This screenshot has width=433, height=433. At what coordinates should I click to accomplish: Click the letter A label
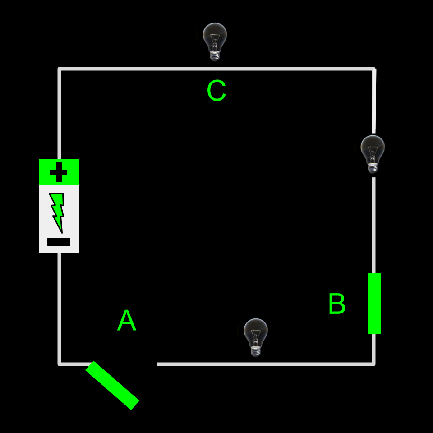[x=126, y=321]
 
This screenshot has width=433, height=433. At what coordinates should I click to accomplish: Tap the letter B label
[x=337, y=304]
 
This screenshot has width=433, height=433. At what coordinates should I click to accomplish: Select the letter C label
[x=216, y=91]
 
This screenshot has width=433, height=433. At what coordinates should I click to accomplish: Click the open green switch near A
[x=112, y=385]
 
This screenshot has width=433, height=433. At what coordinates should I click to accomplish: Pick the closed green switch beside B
[x=374, y=304]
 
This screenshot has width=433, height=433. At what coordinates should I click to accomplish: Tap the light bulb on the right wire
[x=373, y=152]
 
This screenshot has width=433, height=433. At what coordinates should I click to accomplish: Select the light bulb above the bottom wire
[x=256, y=336]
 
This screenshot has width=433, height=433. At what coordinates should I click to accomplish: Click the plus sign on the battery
[x=59, y=172]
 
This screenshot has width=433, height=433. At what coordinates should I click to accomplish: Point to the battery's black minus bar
[x=59, y=242]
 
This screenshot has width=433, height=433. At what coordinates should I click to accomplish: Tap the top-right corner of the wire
[x=374, y=69]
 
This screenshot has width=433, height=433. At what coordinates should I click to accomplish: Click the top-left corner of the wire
[x=60, y=69]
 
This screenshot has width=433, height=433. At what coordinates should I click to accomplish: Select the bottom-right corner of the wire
[x=374, y=364]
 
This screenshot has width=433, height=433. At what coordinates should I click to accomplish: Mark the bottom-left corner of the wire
[x=60, y=364]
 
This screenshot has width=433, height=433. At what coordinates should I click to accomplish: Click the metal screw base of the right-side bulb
[x=373, y=168]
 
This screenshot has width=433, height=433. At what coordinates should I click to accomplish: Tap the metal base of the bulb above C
[x=215, y=55]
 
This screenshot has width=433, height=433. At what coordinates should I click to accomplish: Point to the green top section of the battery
[x=59, y=172]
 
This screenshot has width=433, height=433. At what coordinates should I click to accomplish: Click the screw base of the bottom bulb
[x=256, y=351]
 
